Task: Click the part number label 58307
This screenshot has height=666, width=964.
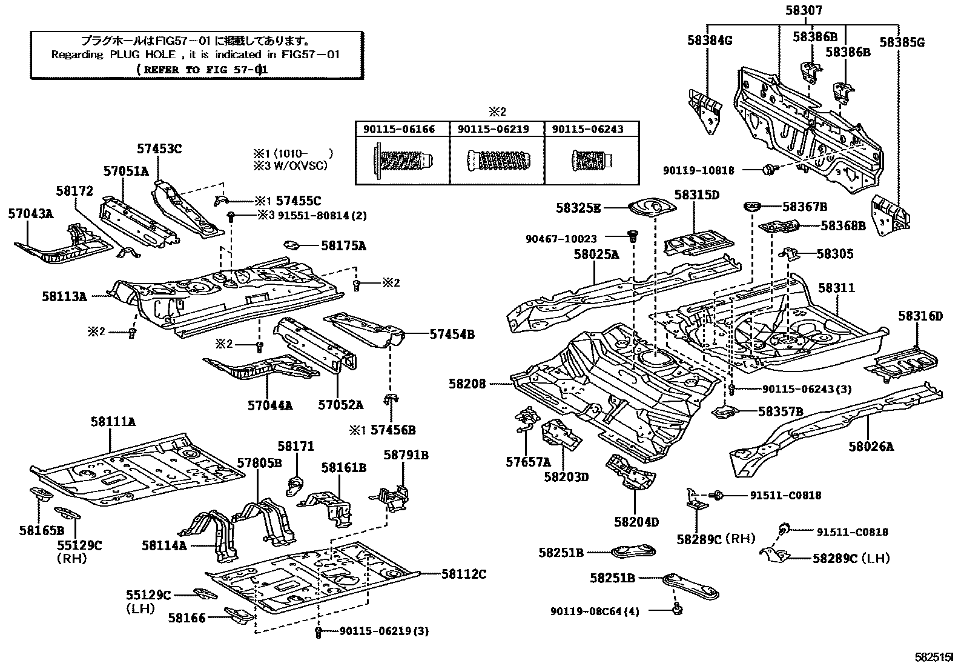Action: (x=805, y=11)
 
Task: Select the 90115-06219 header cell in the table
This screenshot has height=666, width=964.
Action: (x=497, y=129)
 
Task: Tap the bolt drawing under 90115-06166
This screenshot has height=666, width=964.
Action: (x=402, y=161)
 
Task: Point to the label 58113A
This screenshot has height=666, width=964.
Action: (x=64, y=296)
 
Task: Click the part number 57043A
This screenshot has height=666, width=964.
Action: (x=30, y=213)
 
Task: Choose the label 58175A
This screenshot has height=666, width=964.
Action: (x=343, y=246)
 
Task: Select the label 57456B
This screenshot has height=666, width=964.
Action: (x=392, y=430)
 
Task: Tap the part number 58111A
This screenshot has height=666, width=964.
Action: (x=114, y=421)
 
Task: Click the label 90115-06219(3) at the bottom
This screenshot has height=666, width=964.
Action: (x=384, y=631)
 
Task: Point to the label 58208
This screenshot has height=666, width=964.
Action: (x=467, y=384)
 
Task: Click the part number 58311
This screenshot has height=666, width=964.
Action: (x=837, y=287)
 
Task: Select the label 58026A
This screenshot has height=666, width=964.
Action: (x=871, y=447)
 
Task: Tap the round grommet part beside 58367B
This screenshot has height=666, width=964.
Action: (x=751, y=208)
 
